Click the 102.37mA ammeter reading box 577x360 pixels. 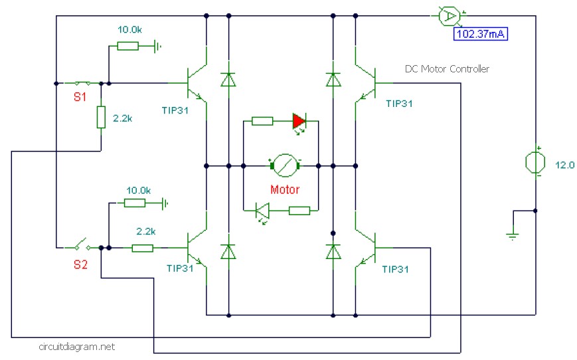coord(480,35)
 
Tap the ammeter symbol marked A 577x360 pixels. coord(450,16)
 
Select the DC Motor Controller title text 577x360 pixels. coord(447,69)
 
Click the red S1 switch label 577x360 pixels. coord(80,97)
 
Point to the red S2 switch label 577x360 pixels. coord(80,264)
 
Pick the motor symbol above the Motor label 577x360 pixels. coord(285,165)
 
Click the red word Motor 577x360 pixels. coord(285,189)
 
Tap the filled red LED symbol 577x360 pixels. coord(299,121)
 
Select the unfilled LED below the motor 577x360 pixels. coord(262,211)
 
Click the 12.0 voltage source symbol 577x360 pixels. coord(535,162)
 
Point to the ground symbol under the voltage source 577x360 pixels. coord(512,235)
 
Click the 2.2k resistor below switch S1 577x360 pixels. coord(101,117)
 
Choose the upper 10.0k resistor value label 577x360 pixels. coord(129,30)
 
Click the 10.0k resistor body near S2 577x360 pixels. coord(135,203)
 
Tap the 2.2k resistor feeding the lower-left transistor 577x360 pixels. coord(142,248)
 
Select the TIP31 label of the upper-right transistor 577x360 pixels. coord(399,104)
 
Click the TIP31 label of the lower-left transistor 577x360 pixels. coord(180,268)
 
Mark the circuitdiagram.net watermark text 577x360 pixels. coord(76,347)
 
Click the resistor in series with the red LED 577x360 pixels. coord(262,121)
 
